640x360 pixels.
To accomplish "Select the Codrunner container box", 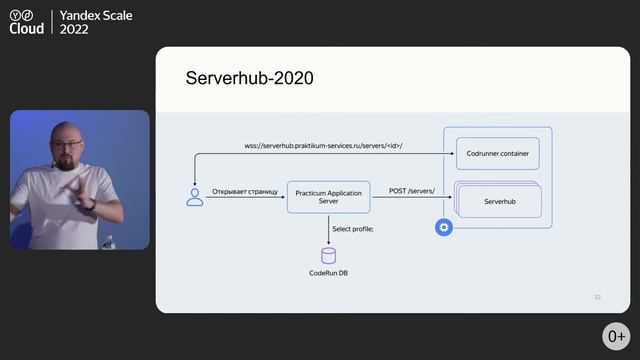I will coord(497,154).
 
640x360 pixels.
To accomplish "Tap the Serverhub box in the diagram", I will coord(497,201).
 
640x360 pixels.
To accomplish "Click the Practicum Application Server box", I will coord(328,195).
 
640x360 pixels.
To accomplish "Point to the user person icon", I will coord(195,197).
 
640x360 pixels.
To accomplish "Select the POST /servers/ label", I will coord(412,189).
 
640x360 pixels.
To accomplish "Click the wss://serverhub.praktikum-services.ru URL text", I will coord(323,146).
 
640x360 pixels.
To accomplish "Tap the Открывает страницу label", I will coord(245,189).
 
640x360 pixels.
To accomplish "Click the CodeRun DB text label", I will coord(328,273).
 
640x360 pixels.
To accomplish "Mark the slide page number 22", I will coord(597,297).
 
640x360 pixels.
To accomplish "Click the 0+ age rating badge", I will coord(615,336).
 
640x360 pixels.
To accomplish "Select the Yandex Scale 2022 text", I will coord(96,22).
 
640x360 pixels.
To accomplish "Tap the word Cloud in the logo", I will coord(27,29).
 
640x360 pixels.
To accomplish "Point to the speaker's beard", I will coord(69,164).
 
